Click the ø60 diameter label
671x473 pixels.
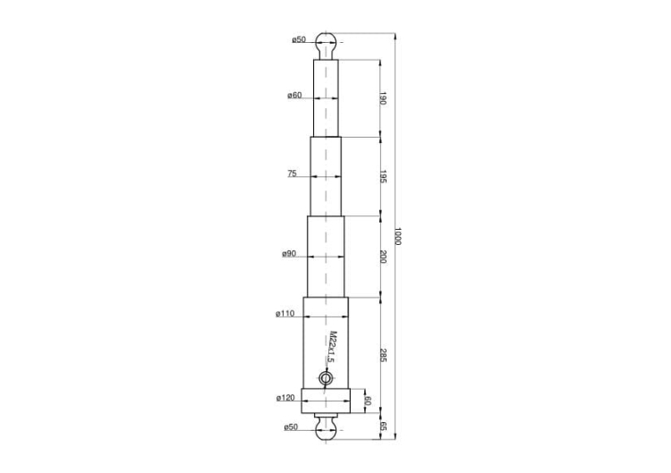coord(294,96)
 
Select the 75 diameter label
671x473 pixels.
coord(292,173)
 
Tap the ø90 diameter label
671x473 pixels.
coord(289,254)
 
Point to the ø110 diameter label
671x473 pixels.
coord(285,314)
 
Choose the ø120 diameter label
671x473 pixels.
coord(285,397)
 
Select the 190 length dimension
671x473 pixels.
coord(382,98)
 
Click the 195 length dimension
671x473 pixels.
coord(382,176)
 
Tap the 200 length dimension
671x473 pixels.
coord(382,257)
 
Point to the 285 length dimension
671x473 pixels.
coord(382,354)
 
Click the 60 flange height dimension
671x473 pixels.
coord(366,402)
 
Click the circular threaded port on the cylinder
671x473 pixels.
coord(327,379)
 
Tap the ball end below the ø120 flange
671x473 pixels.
coord(327,431)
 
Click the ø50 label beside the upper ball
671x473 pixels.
coord(299,40)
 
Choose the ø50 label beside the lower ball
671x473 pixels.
coord(292,427)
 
